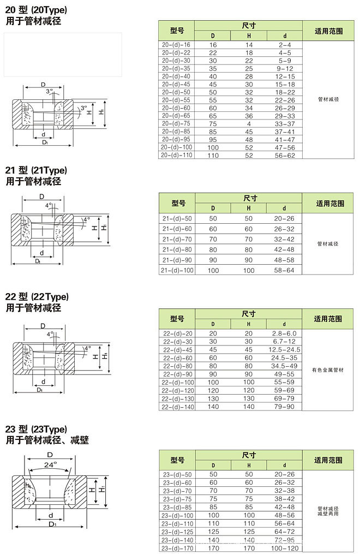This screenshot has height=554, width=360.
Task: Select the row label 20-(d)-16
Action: tap(176, 45)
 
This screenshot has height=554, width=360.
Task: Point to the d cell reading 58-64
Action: tap(284, 270)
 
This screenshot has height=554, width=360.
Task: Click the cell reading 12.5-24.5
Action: tap(284, 349)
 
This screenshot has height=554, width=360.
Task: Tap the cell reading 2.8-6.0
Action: tap(284, 333)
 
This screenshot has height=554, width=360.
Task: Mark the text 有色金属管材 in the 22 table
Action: tap(328, 370)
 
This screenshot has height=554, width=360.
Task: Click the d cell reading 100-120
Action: tap(284, 547)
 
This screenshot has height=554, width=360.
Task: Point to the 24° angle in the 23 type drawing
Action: tap(50, 464)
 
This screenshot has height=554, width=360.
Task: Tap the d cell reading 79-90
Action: tap(284, 407)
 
